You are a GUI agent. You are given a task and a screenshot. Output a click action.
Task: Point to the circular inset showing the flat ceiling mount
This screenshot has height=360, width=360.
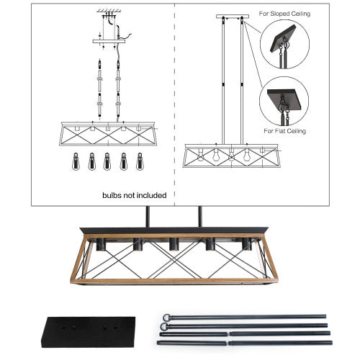click(x=283, y=101)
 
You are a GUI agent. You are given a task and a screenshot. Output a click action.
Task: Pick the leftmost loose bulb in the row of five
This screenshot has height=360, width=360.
click(x=74, y=160)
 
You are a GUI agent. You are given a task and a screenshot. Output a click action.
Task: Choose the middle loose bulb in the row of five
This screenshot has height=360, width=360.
click(x=107, y=160)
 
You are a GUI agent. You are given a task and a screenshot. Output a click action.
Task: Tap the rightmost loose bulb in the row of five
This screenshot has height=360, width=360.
click(x=140, y=160)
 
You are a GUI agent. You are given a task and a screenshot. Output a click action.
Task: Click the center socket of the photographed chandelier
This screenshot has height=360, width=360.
click(x=174, y=245)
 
